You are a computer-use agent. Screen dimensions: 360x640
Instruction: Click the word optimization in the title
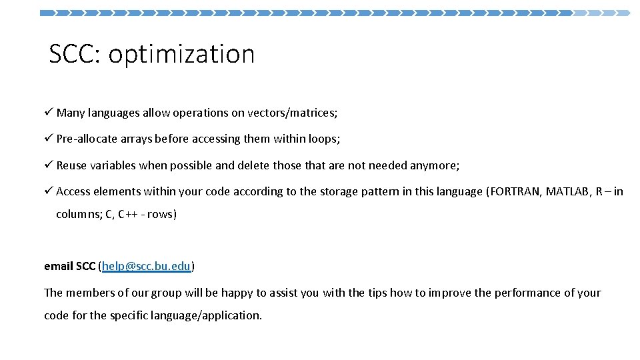coord(181,55)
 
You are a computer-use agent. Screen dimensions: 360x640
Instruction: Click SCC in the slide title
coord(73,55)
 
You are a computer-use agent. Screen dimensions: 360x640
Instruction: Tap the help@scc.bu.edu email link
coord(147,267)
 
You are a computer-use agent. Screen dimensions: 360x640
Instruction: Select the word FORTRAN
coord(515,192)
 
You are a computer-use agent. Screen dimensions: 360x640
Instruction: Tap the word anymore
coord(435,166)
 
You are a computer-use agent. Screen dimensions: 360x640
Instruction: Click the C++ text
coord(129,215)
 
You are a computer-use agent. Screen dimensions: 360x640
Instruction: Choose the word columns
coord(78,215)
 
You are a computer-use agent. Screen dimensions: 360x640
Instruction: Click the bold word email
coord(59,267)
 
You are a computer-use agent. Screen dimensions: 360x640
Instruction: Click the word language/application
coord(207,315)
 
